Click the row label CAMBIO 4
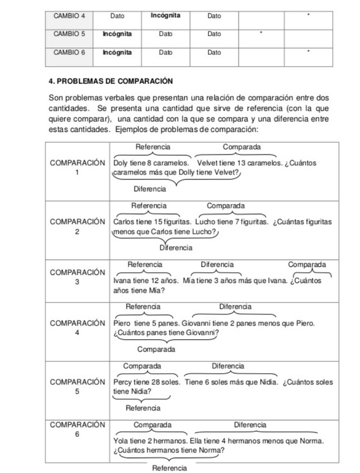pyautogui.click(x=69, y=16)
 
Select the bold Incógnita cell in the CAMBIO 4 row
pyautogui.click(x=165, y=15)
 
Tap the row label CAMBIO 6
pyautogui.click(x=69, y=52)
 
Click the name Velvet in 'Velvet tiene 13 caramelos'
pyautogui.click(x=207, y=163)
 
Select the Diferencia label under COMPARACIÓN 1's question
pyautogui.click(x=149, y=189)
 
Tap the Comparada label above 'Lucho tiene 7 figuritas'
pyautogui.click(x=226, y=206)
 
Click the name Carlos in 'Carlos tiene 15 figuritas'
pyautogui.click(x=123, y=221)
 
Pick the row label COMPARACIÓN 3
pyautogui.click(x=77, y=277)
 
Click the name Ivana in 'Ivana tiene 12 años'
pyautogui.click(x=121, y=281)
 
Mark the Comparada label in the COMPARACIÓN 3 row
pyautogui.click(x=307, y=264)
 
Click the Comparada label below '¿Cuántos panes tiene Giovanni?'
pyautogui.click(x=156, y=349)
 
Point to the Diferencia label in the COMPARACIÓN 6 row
pyautogui.click(x=250, y=425)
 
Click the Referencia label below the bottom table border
pyautogui.click(x=169, y=467)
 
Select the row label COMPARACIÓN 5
pyautogui.click(x=77, y=387)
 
